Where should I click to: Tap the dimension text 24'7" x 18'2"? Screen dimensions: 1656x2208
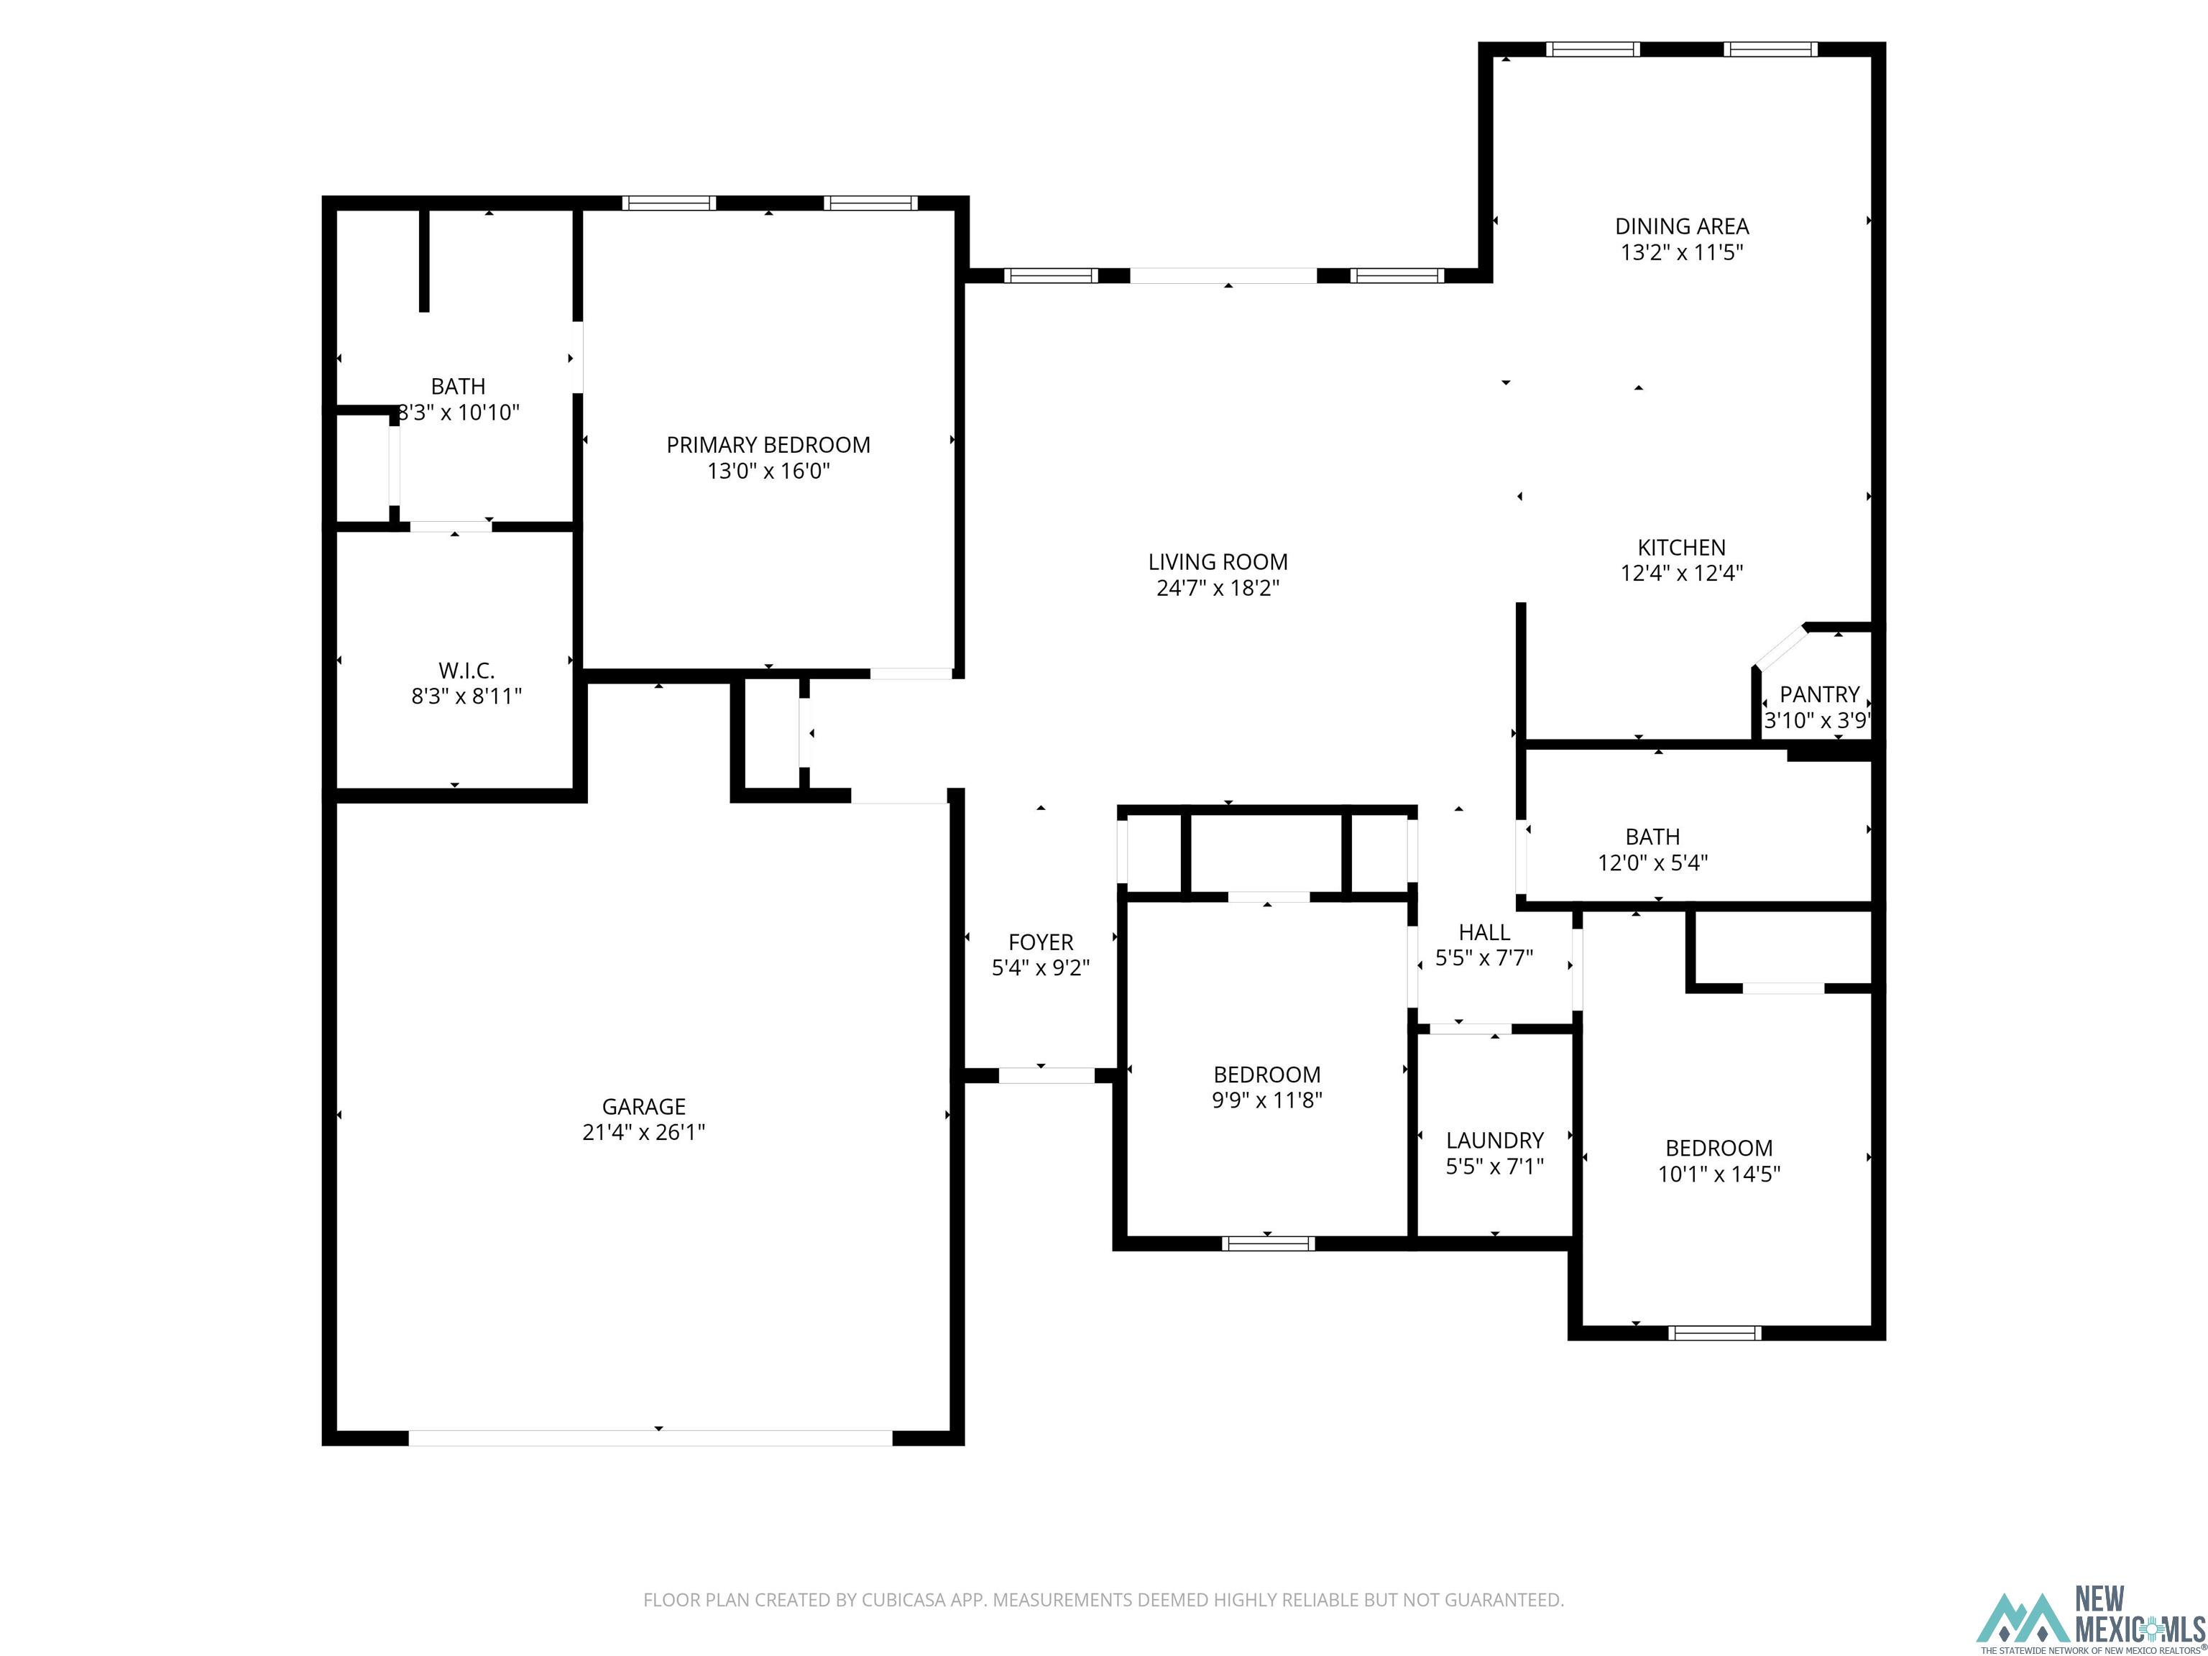pos(1217,588)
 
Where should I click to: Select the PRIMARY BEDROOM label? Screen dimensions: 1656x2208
pos(768,445)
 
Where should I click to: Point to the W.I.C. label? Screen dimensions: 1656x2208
pos(466,671)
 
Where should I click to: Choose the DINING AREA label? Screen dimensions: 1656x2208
pos(1681,226)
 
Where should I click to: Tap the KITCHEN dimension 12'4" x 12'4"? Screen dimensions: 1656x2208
pos(1681,573)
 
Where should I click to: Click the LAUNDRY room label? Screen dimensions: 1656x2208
pos(1494,1140)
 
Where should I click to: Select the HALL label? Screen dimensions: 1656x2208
pos(1483,932)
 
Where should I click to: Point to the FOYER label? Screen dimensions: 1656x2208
pos(1040,942)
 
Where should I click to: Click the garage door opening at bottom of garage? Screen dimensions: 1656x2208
pos(650,1437)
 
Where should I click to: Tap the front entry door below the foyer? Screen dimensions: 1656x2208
pos(1046,1075)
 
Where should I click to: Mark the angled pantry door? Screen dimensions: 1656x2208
pos(1780,648)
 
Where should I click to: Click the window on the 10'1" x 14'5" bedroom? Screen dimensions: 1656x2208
pos(1714,1333)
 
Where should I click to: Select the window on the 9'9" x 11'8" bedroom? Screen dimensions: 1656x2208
pos(1268,1243)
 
